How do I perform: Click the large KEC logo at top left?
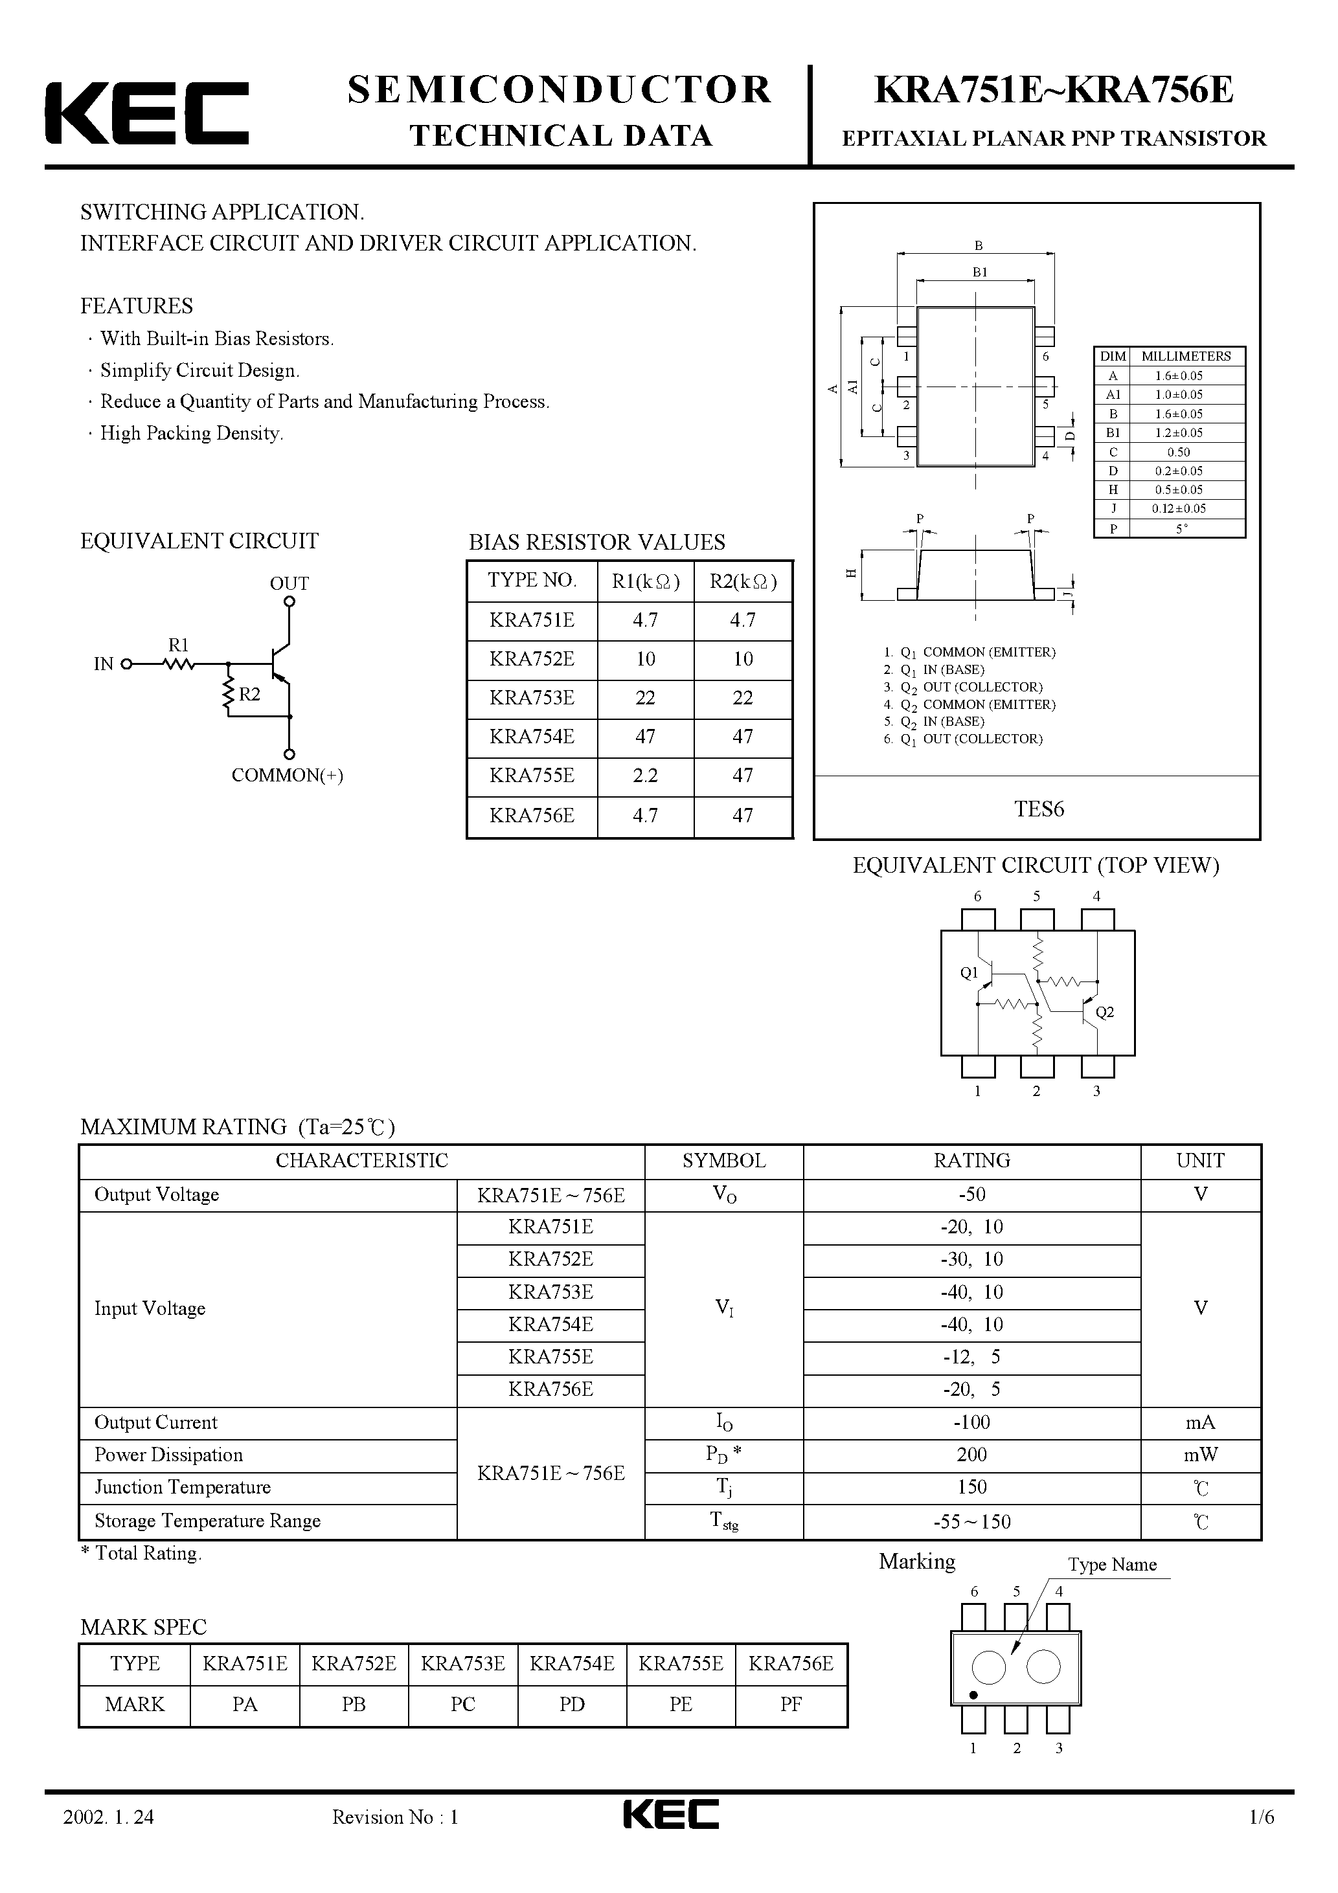tap(147, 113)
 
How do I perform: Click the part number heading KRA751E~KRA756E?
tap(1054, 91)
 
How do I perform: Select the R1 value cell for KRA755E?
tap(645, 776)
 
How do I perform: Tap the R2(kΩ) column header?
tap(742, 581)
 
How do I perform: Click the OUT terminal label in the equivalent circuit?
tap(289, 584)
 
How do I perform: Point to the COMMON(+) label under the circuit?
tap(287, 775)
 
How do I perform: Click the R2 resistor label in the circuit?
tap(249, 694)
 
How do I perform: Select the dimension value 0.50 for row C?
tap(1178, 452)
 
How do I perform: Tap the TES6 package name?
tap(1039, 809)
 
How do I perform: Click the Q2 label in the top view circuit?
tap(1105, 1013)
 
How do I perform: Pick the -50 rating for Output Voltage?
tap(971, 1194)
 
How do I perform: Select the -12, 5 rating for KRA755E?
tap(971, 1357)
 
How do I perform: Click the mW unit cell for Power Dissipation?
tap(1200, 1455)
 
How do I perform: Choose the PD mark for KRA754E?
tap(572, 1704)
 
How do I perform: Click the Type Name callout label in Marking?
tap(1111, 1565)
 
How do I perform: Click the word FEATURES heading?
tap(136, 306)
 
